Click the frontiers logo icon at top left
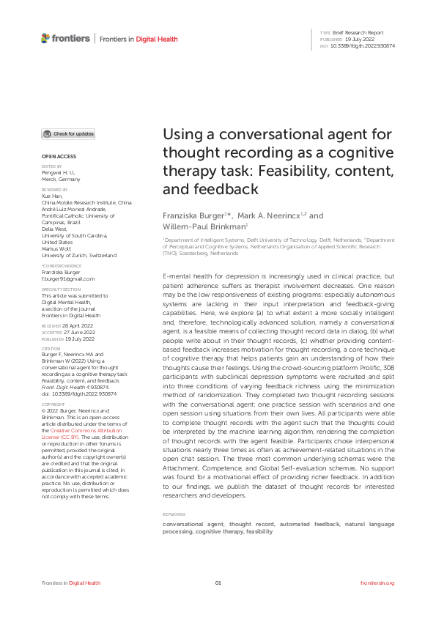tap(45, 38)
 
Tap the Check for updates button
tap(68, 134)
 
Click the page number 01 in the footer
tap(218, 583)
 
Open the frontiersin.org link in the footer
tap(378, 583)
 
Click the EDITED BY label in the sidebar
tap(51, 166)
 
